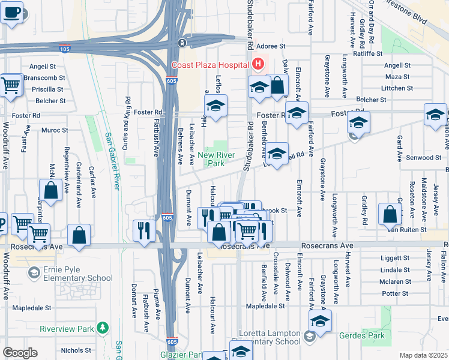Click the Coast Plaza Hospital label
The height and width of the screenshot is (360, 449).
[210, 65]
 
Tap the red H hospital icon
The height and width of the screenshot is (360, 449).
[258, 63]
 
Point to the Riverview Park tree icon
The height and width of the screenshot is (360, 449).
[103, 328]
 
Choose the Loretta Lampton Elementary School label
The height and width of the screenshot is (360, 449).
[261, 337]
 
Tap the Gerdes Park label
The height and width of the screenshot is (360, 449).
[361, 335]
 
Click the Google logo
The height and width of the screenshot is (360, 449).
[20, 353]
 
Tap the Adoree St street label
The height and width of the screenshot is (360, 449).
[270, 46]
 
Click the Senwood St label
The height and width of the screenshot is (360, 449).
[424, 158]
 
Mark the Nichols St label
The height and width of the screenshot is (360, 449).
[76, 350]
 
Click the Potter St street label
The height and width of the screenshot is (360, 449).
[395, 293]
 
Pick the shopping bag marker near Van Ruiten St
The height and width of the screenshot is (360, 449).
[390, 214]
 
